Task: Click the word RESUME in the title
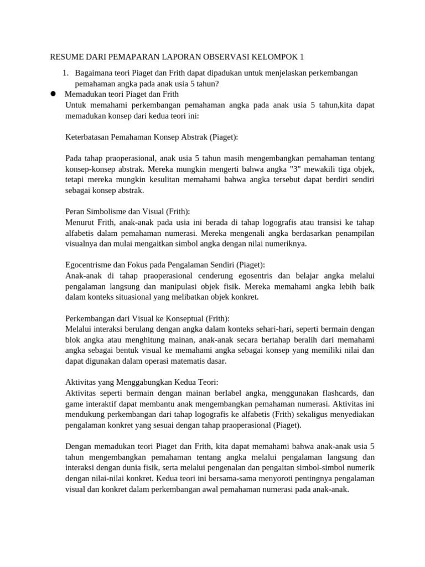click(x=65, y=57)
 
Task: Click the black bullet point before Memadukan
click(x=54, y=94)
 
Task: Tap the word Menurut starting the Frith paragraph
click(x=80, y=223)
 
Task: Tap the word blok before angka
click(x=73, y=339)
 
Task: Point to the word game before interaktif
click(x=75, y=404)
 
